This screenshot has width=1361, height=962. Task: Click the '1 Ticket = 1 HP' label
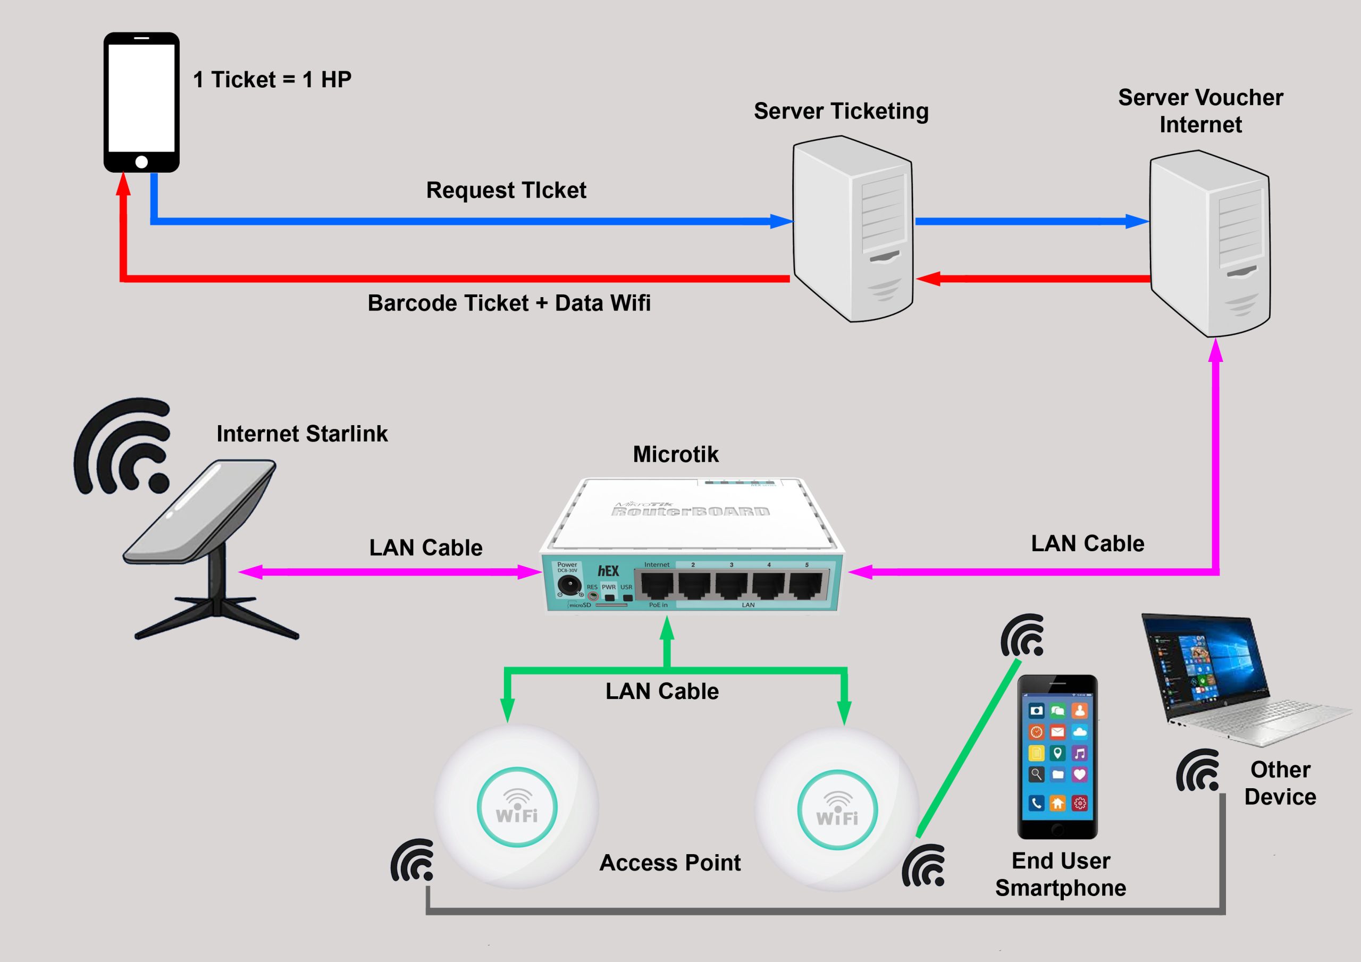tap(272, 79)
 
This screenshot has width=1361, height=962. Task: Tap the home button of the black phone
tap(141, 162)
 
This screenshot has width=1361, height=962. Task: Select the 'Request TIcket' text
tap(506, 190)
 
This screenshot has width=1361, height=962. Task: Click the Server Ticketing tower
tap(852, 230)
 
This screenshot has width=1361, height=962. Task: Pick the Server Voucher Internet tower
tap(1210, 243)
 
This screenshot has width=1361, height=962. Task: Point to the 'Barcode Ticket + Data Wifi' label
tap(509, 303)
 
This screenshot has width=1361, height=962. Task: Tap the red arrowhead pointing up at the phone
tap(123, 184)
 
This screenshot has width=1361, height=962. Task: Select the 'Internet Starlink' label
tap(302, 434)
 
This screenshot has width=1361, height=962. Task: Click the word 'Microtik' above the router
tap(675, 454)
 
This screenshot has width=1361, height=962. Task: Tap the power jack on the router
tap(568, 586)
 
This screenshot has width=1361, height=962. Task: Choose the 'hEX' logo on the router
tap(608, 571)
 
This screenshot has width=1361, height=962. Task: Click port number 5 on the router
tap(805, 585)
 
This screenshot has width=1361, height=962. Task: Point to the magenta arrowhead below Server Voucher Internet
tap(1216, 350)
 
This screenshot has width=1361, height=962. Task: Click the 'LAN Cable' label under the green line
tap(661, 691)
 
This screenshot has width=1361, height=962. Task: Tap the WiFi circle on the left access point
tap(517, 807)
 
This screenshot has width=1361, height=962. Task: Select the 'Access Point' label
tap(670, 863)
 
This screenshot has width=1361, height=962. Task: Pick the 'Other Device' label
tap(1280, 783)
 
